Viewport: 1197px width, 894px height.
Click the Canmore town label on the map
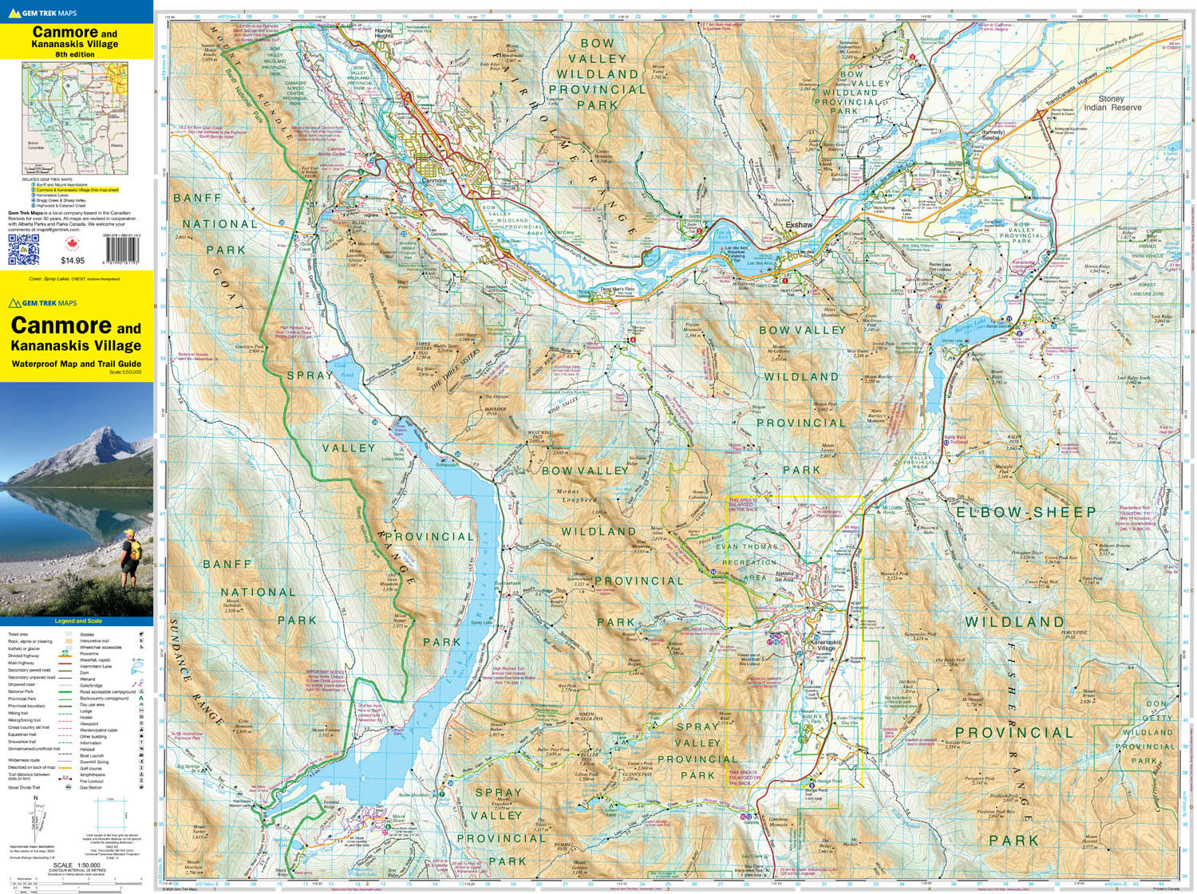[x=434, y=180]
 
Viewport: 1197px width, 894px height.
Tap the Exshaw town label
[x=798, y=225]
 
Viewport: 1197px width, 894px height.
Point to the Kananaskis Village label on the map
[x=826, y=645]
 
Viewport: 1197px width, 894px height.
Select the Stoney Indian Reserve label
[x=1112, y=103]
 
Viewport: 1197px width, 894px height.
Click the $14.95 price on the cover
[x=73, y=261]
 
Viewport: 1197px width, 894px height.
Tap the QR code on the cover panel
[x=23, y=249]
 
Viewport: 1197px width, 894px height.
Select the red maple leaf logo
[x=73, y=243]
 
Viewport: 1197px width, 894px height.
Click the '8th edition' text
[x=75, y=54]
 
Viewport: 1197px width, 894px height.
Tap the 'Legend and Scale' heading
[x=77, y=620]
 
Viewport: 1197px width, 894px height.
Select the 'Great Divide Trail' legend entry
[x=27, y=787]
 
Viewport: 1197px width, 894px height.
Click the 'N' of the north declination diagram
[x=35, y=798]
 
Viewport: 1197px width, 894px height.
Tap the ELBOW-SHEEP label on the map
[x=1025, y=512]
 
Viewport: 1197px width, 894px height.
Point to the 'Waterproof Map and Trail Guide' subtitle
[x=76, y=364]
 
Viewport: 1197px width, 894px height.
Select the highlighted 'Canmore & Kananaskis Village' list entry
[x=76, y=191]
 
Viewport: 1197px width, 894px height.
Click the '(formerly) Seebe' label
[x=990, y=135]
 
